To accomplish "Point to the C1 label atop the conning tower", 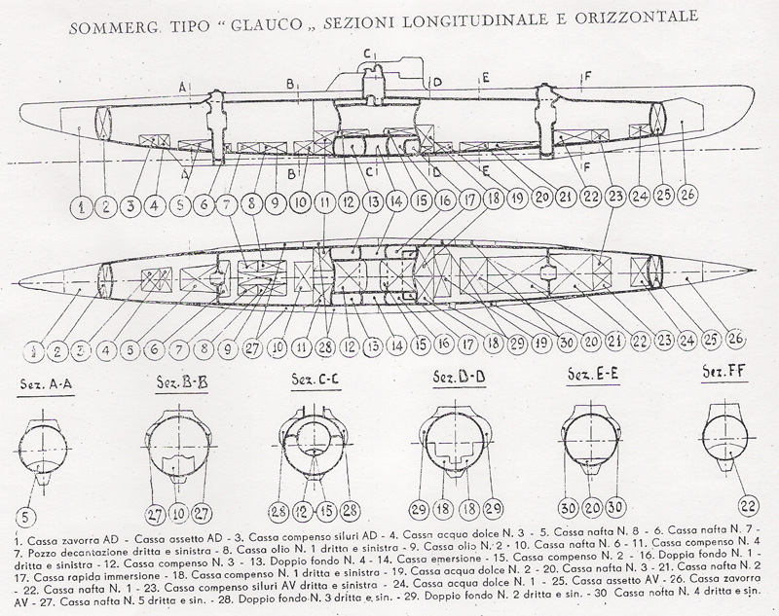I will click(x=370, y=53).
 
